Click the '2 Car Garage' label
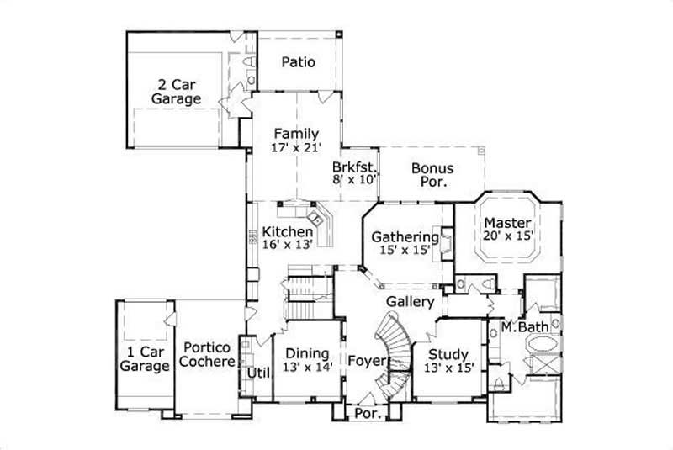click(x=176, y=92)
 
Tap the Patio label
click(x=299, y=61)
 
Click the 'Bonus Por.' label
click(x=432, y=174)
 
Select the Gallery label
click(x=411, y=301)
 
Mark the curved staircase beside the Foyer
click(x=394, y=341)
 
